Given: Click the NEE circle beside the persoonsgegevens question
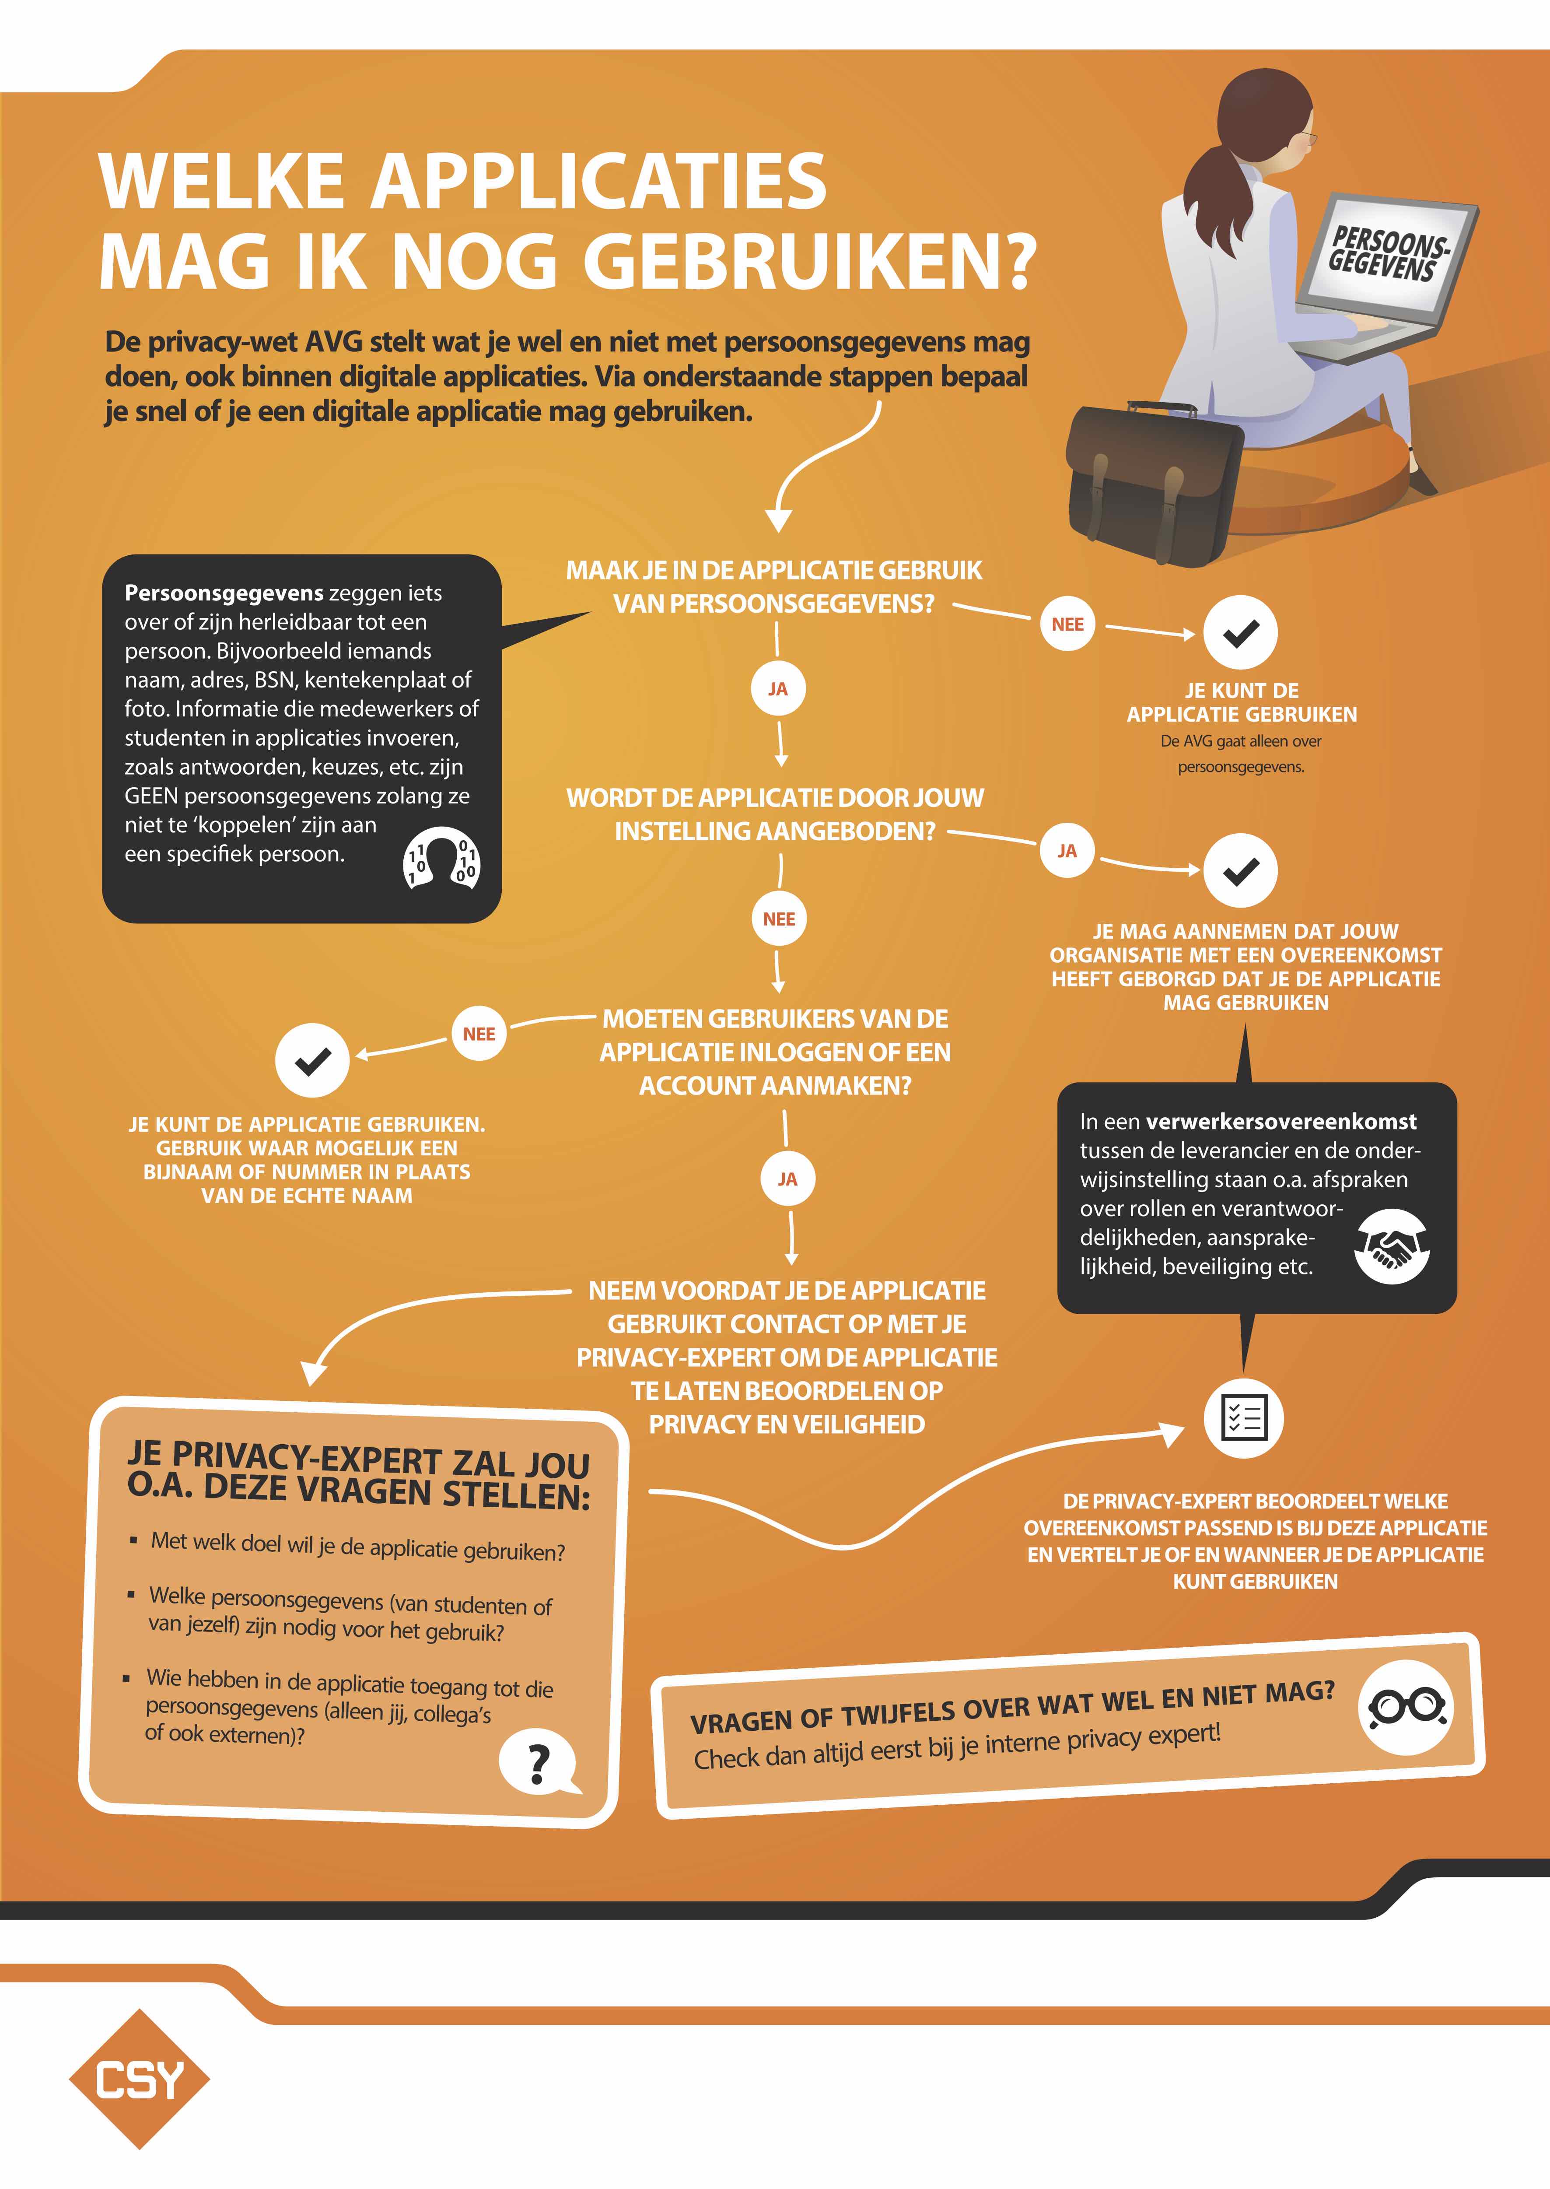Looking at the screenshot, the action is [x=1067, y=624].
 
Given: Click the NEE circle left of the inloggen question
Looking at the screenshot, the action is [x=479, y=1034].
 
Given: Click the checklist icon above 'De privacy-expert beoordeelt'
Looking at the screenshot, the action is [x=1244, y=1417].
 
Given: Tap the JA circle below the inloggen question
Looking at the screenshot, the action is [x=787, y=1179].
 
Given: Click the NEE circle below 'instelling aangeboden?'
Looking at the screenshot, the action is [x=779, y=919].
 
